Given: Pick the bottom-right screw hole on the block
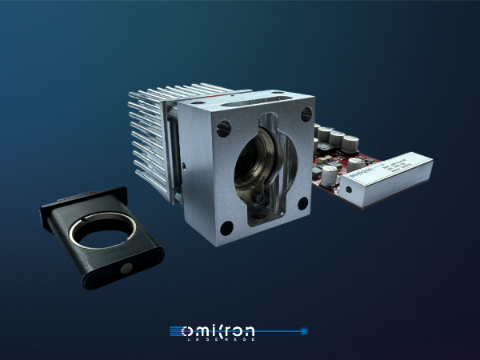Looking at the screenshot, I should (302, 204).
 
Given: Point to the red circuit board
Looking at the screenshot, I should (332, 172).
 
